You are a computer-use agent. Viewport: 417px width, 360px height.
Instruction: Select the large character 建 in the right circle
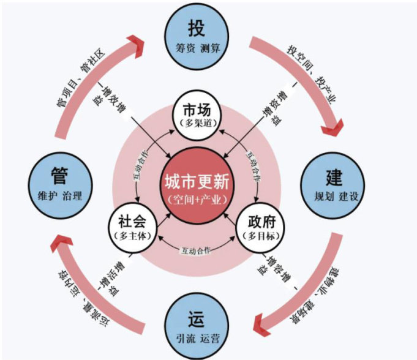[332, 177]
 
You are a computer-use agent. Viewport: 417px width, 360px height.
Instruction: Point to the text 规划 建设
[332, 197]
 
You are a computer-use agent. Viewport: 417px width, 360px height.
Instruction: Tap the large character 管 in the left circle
[59, 177]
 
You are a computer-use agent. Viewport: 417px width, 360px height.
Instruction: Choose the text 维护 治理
[59, 197]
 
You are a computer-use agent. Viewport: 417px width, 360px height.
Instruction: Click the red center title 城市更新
[196, 183]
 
